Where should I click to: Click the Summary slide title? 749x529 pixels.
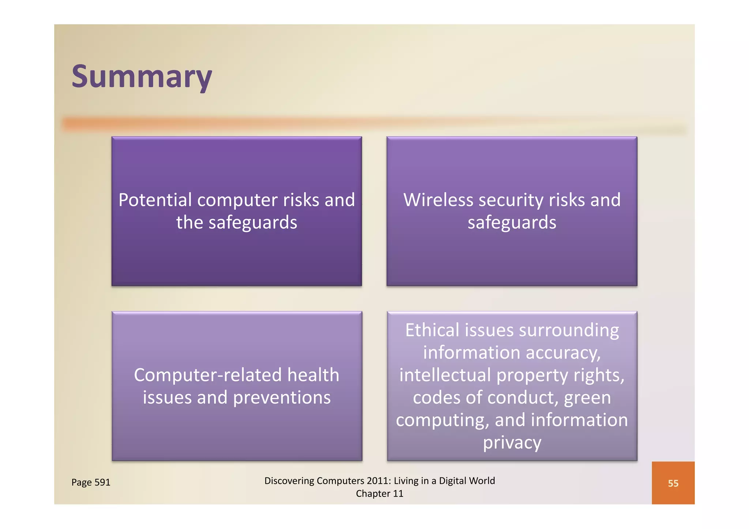tap(142, 76)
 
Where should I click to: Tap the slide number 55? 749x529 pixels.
tap(673, 483)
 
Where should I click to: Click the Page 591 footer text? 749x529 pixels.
tap(91, 482)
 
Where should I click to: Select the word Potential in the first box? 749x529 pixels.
tap(155, 200)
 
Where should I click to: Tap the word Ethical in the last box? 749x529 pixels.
tap(432, 330)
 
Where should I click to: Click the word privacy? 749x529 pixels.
tap(512, 443)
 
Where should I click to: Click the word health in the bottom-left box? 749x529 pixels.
tap(313, 375)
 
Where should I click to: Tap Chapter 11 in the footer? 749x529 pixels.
tap(380, 494)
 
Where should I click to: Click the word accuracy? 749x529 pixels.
tap(563, 353)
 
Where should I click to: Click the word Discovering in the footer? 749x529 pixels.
tap(289, 481)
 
